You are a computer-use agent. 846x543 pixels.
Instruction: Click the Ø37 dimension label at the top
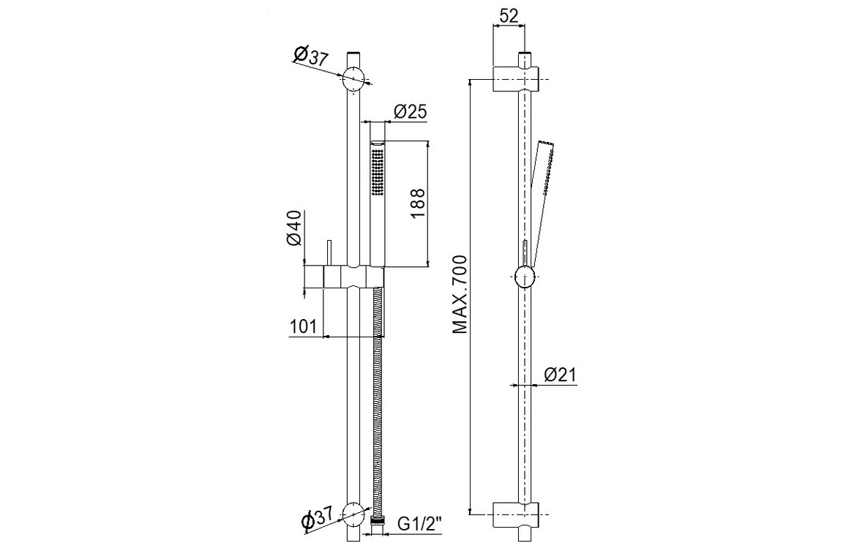(310, 56)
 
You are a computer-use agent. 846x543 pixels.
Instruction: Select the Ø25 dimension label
(410, 112)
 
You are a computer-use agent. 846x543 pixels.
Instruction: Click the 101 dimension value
(303, 326)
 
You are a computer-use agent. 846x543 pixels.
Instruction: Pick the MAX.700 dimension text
(459, 294)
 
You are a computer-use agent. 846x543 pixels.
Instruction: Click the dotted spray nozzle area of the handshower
(378, 171)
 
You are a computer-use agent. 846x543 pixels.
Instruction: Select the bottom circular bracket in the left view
(354, 514)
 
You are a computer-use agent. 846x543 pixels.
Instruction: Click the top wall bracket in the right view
(515, 77)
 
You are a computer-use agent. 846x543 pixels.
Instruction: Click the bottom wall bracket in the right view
(515, 514)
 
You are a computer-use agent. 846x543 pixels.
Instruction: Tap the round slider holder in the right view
(525, 278)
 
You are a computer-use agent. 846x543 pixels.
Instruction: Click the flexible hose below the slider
(378, 402)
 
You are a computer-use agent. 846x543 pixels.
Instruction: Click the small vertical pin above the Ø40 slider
(329, 252)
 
